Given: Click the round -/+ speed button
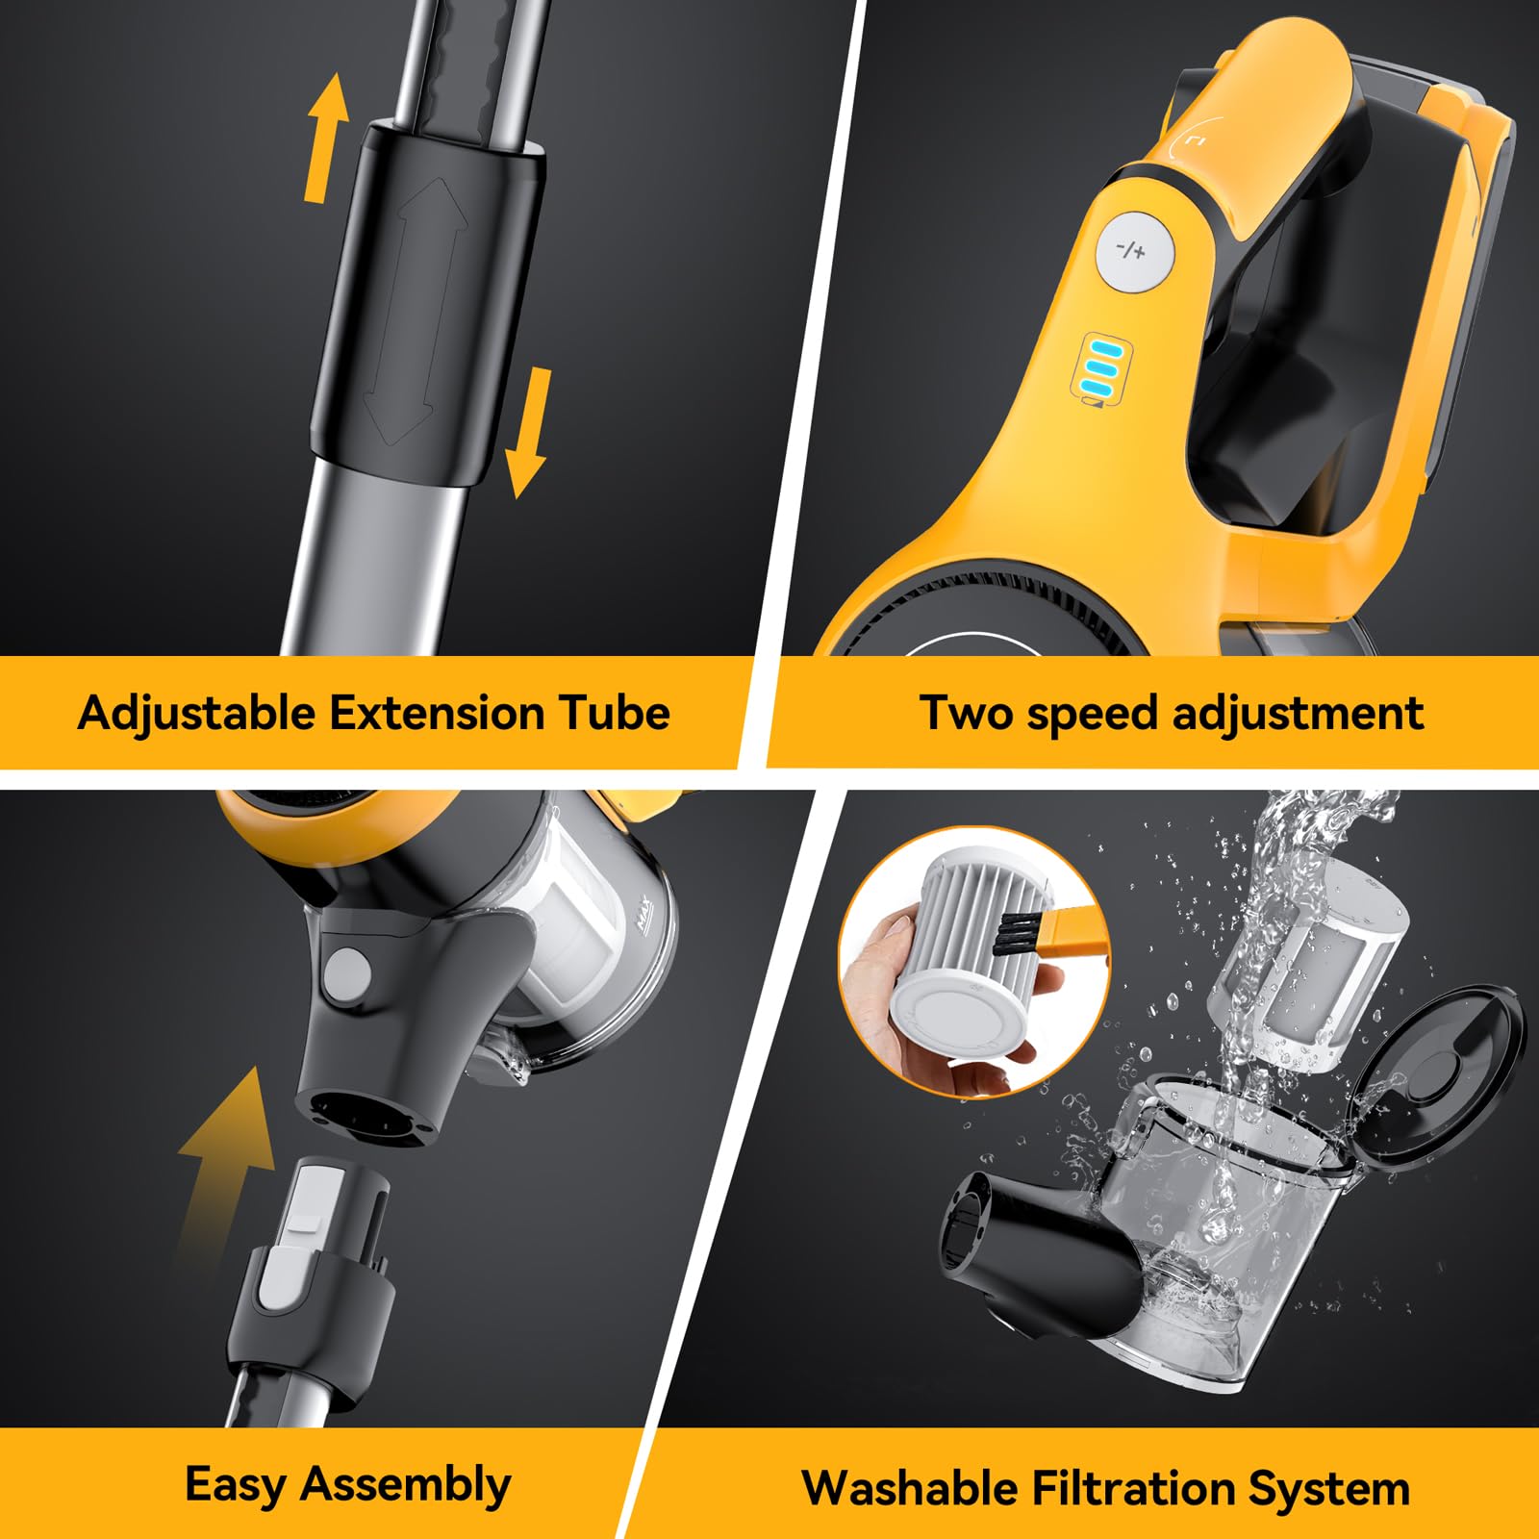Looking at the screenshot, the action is click(1135, 252).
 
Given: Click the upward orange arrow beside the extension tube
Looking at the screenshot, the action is click(327, 139).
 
